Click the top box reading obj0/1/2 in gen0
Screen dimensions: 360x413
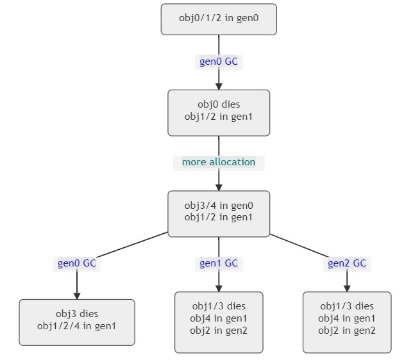218,19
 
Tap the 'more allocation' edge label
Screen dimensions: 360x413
219,162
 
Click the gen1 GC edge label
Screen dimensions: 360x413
219,263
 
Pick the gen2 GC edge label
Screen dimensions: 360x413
347,263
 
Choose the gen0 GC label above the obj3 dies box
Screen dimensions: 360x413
77,263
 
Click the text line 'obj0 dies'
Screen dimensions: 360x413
219,104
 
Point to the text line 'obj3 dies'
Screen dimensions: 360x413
77,314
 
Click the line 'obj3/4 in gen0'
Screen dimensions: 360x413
219,206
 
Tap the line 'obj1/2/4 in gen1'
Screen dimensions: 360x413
77,325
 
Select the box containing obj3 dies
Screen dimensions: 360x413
77,322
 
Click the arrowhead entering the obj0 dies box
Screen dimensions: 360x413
219,86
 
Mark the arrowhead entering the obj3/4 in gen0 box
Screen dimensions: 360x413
219,187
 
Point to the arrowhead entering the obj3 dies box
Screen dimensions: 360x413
77,295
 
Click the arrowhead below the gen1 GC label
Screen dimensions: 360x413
219,288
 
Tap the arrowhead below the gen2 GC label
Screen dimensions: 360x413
347,288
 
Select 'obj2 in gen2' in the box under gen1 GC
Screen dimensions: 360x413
219,331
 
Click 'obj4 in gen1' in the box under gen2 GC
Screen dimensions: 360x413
347,318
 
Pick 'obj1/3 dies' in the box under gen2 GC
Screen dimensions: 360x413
347,306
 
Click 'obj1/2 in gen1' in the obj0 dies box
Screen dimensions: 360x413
219,116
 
